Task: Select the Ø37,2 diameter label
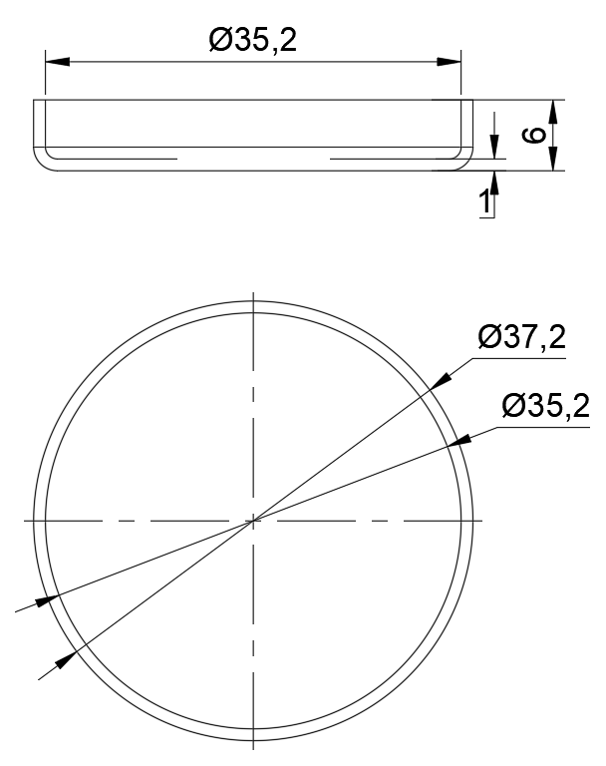click(521, 338)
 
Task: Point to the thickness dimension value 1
click(485, 202)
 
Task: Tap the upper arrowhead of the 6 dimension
click(554, 109)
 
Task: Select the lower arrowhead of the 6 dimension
click(554, 161)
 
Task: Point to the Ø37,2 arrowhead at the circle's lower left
click(65, 658)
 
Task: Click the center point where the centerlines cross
click(254, 520)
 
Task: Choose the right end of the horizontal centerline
click(483, 520)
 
